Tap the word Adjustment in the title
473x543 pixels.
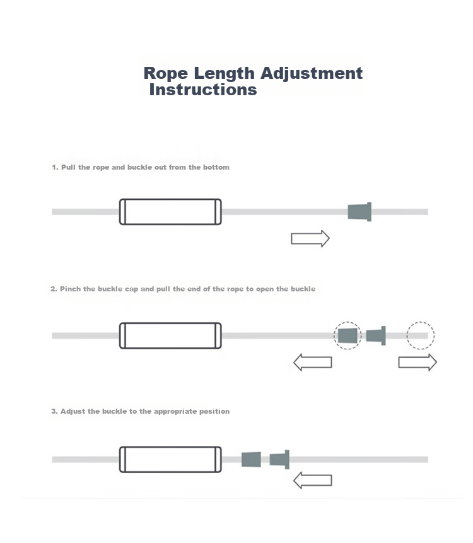pyautogui.click(x=312, y=73)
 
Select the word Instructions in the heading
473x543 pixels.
pyautogui.click(x=203, y=90)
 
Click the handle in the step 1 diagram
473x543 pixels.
pyautogui.click(x=170, y=212)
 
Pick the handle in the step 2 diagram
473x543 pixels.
pyautogui.click(x=170, y=336)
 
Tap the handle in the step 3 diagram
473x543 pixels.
pyautogui.click(x=170, y=460)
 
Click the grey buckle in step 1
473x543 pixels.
pyautogui.click(x=359, y=212)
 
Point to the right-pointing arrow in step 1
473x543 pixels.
pyautogui.click(x=310, y=238)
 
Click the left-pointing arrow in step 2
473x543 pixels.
pyautogui.click(x=313, y=362)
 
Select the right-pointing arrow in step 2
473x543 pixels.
pyautogui.click(x=418, y=362)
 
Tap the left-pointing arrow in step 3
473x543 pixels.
pyautogui.click(x=313, y=481)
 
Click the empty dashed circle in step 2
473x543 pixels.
pyautogui.click(x=421, y=322)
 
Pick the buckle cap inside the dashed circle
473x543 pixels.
pyautogui.click(x=347, y=336)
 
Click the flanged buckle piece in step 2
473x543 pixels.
pyautogui.click(x=376, y=336)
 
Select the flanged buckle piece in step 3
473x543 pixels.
pyautogui.click(x=279, y=460)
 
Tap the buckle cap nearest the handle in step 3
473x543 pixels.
pyautogui.click(x=251, y=460)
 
